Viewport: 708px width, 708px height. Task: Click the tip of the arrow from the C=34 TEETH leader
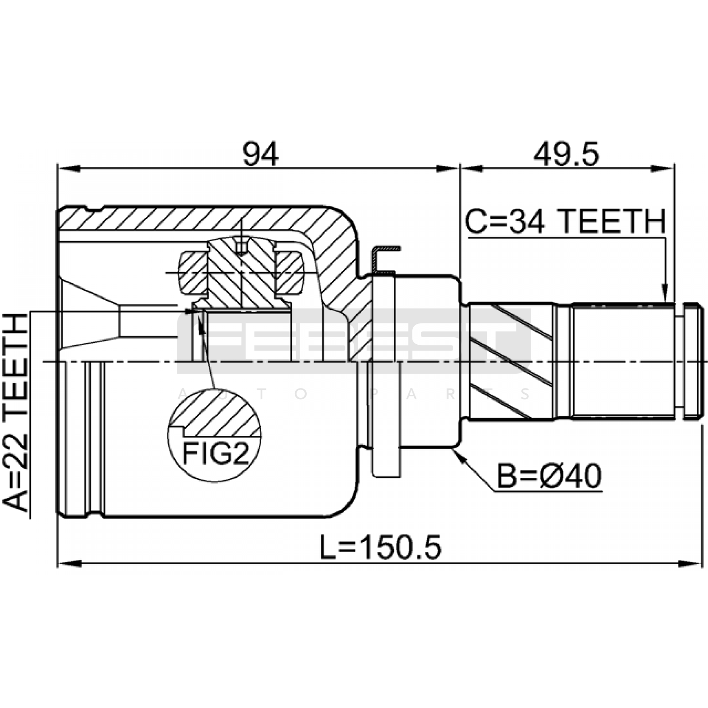pyautogui.click(x=665, y=302)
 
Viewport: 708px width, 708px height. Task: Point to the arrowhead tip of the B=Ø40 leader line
pyautogui.click(x=453, y=450)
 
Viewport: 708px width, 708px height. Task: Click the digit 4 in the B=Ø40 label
pyautogui.click(x=566, y=476)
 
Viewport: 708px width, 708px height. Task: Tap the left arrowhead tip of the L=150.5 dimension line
pyautogui.click(x=58, y=564)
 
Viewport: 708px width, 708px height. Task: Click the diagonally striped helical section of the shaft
pyautogui.click(x=511, y=361)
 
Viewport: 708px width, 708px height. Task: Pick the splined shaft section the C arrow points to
pyautogui.click(x=623, y=361)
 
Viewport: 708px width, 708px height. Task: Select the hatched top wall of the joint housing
pyautogui.click(x=199, y=218)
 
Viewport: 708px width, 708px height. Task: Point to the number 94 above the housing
pyautogui.click(x=261, y=154)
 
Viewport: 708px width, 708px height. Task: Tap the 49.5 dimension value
pyautogui.click(x=566, y=154)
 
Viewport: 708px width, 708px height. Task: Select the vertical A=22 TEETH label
pyautogui.click(x=16, y=412)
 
